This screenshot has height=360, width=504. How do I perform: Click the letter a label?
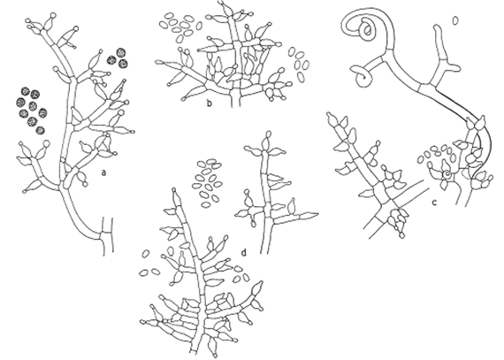tap(103, 173)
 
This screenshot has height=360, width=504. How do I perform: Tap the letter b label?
tap(210, 103)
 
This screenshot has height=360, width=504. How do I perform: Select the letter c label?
tap(434, 203)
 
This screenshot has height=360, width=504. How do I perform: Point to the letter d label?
tap(244, 253)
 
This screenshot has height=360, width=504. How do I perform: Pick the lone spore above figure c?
tap(455, 21)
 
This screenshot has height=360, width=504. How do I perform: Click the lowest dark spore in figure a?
tap(41, 130)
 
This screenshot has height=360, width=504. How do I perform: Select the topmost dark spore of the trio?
tap(121, 52)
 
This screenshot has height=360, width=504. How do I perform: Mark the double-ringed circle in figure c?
tap(446, 174)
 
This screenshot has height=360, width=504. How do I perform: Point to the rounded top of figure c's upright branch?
tap(439, 27)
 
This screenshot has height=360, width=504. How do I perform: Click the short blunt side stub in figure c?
tap(454, 67)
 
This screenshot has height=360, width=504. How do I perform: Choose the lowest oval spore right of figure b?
tap(301, 76)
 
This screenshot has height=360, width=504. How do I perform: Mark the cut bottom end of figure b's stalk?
tap(235, 105)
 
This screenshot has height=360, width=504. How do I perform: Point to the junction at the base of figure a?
tap(103, 239)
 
